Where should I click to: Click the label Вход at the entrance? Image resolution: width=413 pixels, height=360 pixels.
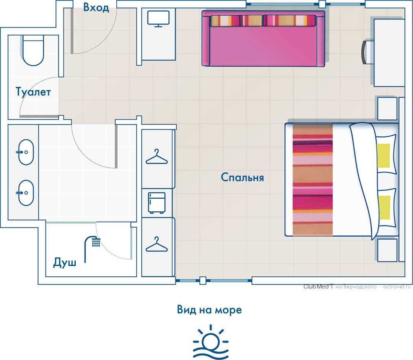(96, 7)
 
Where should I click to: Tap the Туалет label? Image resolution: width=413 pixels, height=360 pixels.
(33, 92)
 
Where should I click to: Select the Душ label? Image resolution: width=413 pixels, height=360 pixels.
(65, 263)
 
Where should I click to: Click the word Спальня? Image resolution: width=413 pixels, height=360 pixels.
(242, 177)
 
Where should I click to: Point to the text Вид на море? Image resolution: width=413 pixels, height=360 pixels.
(210, 310)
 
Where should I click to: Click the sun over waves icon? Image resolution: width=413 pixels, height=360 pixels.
(211, 342)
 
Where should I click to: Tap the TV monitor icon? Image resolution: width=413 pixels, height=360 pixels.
(158, 19)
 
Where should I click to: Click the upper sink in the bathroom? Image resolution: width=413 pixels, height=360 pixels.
(26, 152)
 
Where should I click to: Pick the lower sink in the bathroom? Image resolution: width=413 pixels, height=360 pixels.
(26, 193)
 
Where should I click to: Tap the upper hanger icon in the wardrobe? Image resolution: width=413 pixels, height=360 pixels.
(157, 157)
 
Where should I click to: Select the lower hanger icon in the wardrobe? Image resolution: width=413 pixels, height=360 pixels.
(157, 245)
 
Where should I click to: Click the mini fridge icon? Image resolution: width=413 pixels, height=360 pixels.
(157, 203)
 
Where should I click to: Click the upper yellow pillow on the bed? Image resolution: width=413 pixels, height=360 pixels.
(384, 155)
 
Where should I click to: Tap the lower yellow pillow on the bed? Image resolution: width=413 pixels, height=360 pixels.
(384, 208)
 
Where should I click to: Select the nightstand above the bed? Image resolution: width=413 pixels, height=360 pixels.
(387, 109)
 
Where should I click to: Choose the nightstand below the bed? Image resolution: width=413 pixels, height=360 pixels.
(387, 250)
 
